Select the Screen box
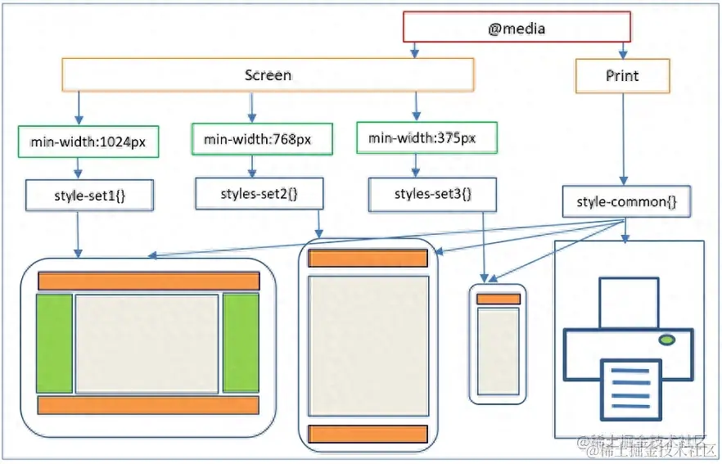[268, 74]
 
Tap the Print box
[622, 75]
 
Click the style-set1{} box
[78, 196]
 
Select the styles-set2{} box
[259, 193]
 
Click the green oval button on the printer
[666, 339]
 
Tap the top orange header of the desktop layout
[148, 281]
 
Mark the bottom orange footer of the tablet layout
[368, 434]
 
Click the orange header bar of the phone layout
[499, 299]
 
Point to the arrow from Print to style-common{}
[624, 139]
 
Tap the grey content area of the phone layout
[499, 350]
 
